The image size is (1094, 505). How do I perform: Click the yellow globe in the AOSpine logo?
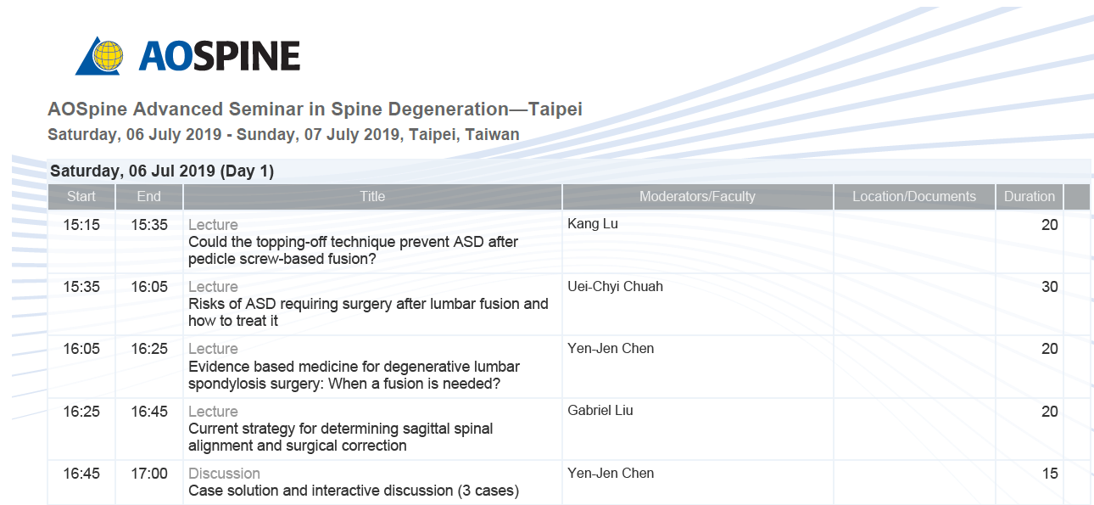[108, 56]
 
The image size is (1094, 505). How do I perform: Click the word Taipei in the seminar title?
[555, 109]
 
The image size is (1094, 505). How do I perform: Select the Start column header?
[81, 197]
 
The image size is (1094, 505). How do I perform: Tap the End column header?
[149, 197]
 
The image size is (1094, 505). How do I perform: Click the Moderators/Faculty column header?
[697, 197]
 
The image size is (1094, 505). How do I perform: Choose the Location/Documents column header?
[914, 197]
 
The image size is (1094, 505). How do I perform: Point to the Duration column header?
[1030, 197]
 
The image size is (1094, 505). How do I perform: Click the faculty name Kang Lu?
[593, 224]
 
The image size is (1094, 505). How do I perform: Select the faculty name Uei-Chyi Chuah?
[616, 287]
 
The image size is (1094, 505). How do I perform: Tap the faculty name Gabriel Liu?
[600, 411]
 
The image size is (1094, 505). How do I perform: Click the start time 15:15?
[81, 225]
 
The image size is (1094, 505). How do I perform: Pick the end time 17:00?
[149, 474]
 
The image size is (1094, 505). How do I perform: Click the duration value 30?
[1050, 287]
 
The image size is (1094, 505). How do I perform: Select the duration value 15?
[1050, 474]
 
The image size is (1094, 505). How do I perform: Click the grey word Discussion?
[224, 474]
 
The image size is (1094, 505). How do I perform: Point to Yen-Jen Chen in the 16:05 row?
[611, 349]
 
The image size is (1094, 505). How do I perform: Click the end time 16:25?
[149, 349]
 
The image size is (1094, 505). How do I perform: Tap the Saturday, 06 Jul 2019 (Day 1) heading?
[162, 171]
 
